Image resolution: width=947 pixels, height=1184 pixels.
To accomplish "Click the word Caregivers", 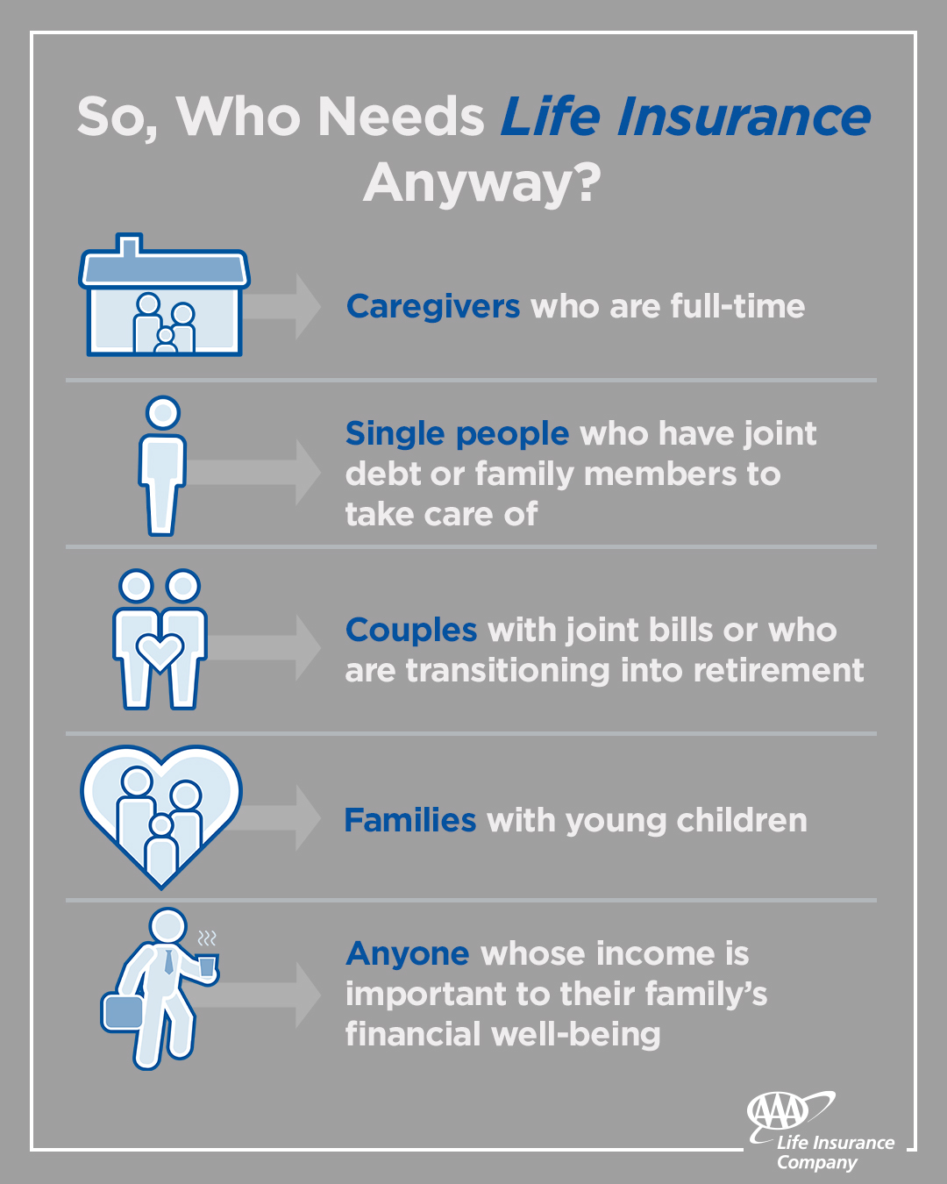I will [x=433, y=307].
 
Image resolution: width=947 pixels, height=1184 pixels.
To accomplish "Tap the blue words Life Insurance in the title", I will [x=685, y=118].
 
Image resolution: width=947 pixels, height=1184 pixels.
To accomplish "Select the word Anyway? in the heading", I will [x=482, y=182].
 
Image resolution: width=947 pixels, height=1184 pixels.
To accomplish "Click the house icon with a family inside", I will [x=164, y=298].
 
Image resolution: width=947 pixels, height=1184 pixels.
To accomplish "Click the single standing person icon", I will [x=162, y=465].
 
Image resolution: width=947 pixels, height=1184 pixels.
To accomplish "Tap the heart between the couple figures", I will [x=160, y=652].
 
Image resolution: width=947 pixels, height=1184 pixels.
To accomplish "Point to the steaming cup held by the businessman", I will [x=207, y=966].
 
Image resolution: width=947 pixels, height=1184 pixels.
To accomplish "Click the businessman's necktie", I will [x=168, y=961].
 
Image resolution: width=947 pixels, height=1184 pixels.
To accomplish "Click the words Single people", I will [x=457, y=434].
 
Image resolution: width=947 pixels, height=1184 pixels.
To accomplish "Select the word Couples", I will [x=411, y=631].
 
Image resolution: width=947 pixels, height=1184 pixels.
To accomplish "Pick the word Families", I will [x=409, y=821].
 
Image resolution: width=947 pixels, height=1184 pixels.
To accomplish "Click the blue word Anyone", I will [x=408, y=953].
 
